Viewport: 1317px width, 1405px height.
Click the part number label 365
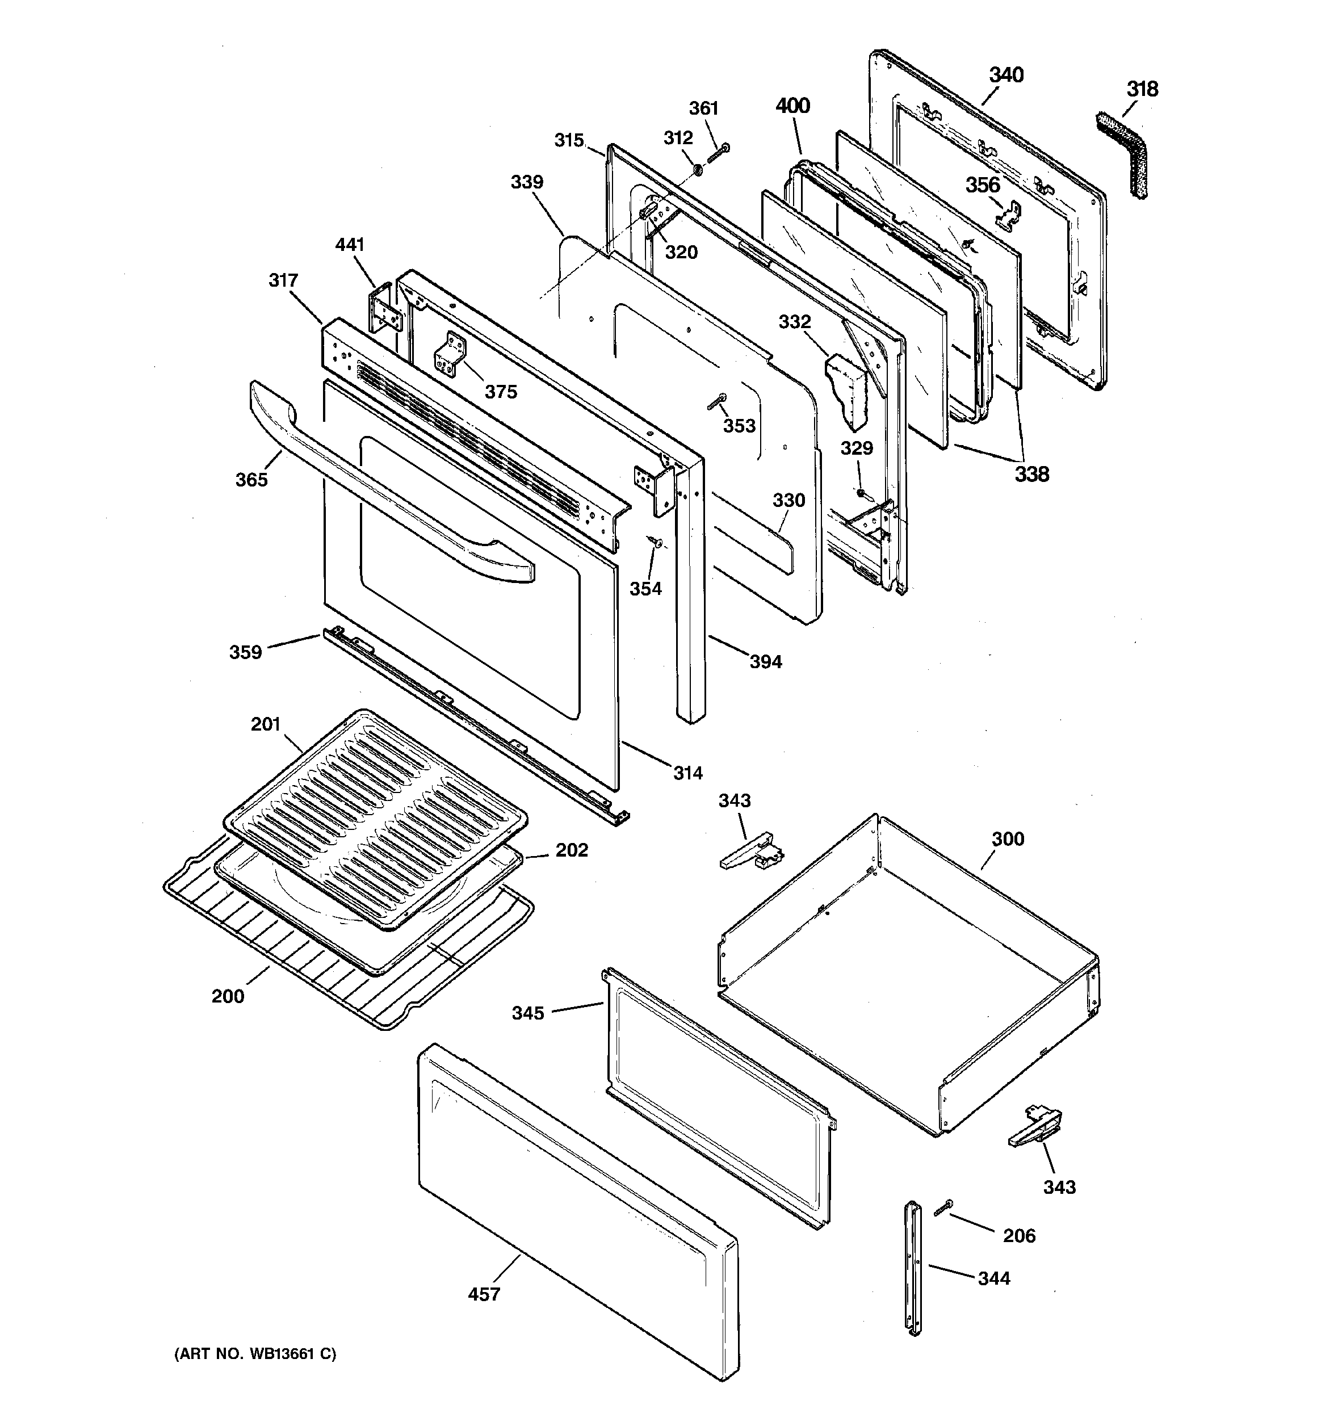[x=251, y=479]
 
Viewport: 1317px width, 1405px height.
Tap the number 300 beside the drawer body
[x=1008, y=839]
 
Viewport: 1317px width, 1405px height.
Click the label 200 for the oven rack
[x=228, y=996]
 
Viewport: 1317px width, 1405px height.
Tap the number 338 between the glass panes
[x=1031, y=474]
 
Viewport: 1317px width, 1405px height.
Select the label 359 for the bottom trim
[x=245, y=652]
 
